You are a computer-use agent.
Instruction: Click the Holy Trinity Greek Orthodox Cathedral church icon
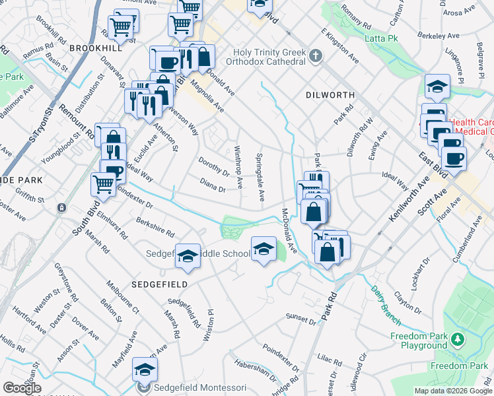315,55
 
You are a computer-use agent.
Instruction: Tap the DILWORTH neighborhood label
330,95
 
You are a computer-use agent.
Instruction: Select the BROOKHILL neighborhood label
96,48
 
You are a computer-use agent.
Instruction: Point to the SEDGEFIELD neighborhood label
160,284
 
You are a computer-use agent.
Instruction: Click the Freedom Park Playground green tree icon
456,340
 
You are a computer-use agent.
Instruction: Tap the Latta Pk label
380,38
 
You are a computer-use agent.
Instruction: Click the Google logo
21,388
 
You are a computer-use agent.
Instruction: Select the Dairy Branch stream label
385,304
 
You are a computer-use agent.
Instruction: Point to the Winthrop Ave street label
239,165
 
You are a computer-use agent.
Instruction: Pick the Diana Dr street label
213,185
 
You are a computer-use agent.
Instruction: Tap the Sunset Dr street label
301,320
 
